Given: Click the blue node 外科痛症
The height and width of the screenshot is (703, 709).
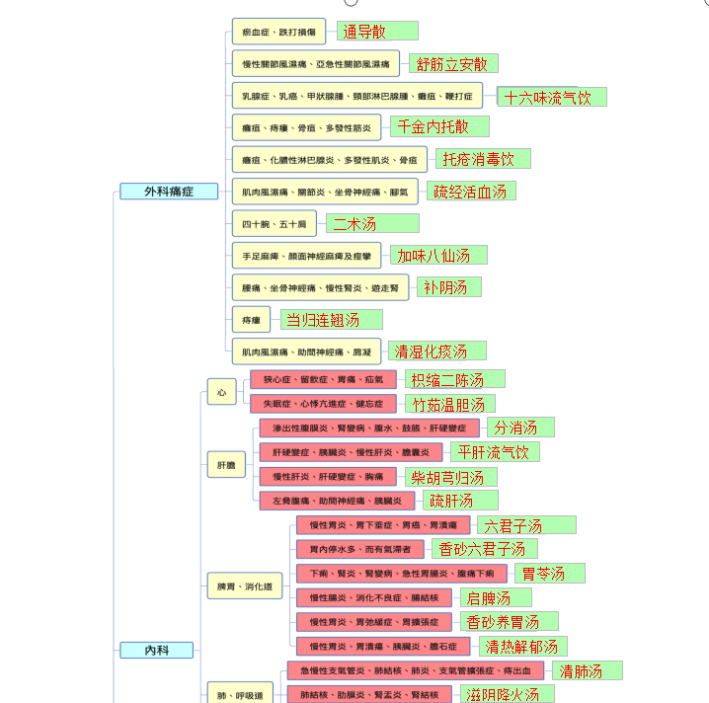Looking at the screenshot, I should [x=168, y=192].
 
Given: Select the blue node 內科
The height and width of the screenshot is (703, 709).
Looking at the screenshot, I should [x=156, y=650].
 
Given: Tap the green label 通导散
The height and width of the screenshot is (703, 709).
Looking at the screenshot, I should [x=377, y=32].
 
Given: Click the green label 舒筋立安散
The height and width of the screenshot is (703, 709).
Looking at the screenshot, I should [x=453, y=64].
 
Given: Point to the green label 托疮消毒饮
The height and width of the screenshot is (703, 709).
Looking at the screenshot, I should [x=483, y=159].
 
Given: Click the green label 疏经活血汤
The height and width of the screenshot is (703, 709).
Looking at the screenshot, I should [x=471, y=191].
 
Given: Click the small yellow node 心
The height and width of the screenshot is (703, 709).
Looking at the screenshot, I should [x=221, y=393].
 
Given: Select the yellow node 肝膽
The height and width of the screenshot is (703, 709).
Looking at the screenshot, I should [x=226, y=464].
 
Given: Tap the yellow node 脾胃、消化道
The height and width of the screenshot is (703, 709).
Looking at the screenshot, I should [x=244, y=587].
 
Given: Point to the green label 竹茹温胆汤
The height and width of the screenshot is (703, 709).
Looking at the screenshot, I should [x=449, y=404].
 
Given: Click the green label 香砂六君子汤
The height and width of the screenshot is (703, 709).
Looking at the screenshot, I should [x=484, y=549].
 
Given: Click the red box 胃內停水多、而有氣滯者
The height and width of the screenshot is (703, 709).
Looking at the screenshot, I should [x=359, y=549].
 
